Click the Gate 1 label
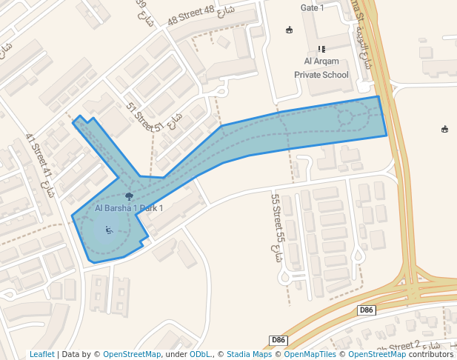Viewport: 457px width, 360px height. (313, 8)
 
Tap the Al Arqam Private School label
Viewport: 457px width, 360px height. (321, 67)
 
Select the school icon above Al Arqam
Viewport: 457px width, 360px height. (321, 49)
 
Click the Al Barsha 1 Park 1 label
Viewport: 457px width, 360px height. (129, 208)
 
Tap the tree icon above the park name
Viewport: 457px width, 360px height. (130, 196)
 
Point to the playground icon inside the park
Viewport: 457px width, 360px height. (110, 230)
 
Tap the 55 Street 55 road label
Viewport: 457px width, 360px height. (278, 217)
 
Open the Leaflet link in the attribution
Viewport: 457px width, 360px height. (41, 354)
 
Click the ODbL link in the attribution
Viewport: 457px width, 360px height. (200, 354)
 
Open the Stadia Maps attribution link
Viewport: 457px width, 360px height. (249, 354)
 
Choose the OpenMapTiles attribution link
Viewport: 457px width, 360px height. (306, 354)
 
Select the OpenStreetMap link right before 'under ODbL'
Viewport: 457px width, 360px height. (132, 354)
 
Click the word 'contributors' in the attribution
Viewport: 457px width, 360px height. (431, 354)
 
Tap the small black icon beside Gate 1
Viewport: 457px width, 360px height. (289, 30)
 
